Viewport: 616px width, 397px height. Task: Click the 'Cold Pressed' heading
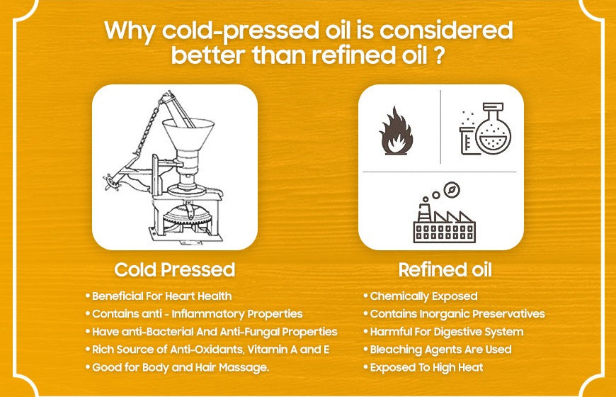coord(174,270)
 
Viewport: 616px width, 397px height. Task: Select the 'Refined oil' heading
coord(445,270)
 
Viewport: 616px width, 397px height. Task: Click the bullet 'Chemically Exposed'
coord(423,296)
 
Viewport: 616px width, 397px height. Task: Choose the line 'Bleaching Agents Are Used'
coord(440,349)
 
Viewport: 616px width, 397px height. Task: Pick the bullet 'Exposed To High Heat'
coord(427,367)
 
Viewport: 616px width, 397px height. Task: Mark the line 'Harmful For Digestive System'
coord(447,331)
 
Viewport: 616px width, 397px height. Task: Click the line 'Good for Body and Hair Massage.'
coord(180,367)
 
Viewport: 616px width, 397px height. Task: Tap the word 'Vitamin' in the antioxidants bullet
coord(273,349)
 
